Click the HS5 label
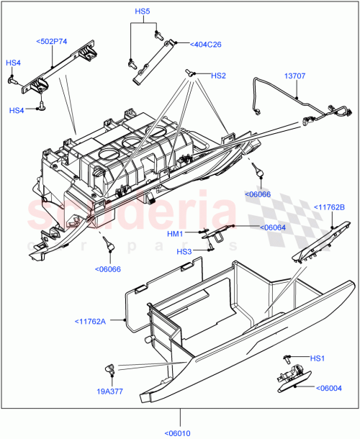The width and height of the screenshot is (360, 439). [142, 12]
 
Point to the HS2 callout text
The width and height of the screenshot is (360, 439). [218, 76]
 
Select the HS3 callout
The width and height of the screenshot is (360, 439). [185, 251]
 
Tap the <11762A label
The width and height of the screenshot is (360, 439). [89, 321]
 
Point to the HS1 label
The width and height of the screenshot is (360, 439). [318, 358]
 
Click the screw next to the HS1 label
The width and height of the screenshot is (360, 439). [288, 357]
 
